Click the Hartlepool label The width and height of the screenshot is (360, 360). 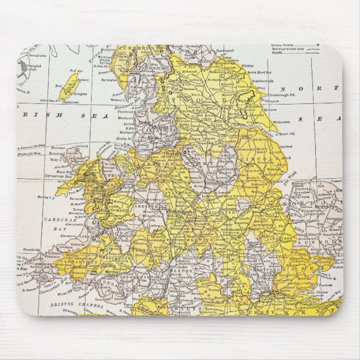click(226, 50)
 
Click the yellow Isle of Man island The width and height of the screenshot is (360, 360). click(69, 87)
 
